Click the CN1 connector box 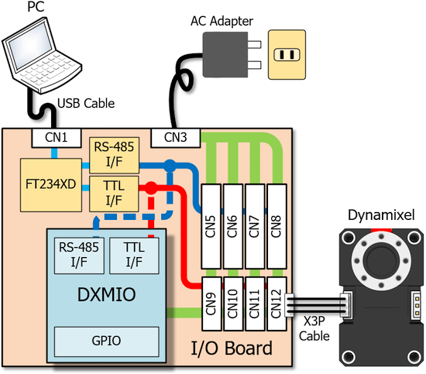pos(57,138)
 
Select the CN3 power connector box pos(176,138)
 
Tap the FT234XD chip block pos(51,185)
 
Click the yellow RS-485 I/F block pos(114,155)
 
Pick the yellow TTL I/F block pos(114,194)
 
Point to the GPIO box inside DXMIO pos(107,341)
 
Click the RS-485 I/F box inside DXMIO pos(79,256)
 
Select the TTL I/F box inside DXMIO pos(134,256)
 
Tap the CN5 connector pos(211,227)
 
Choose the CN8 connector pos(277,227)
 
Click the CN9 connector pos(211,304)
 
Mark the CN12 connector pos(277,304)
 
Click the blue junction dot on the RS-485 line pos(170,166)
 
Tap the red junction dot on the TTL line pos(150,188)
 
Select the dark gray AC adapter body pos(225,54)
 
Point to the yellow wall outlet pos(287,55)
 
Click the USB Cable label pos(86,104)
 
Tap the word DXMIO pos(107,294)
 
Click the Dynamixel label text pos(381,215)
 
